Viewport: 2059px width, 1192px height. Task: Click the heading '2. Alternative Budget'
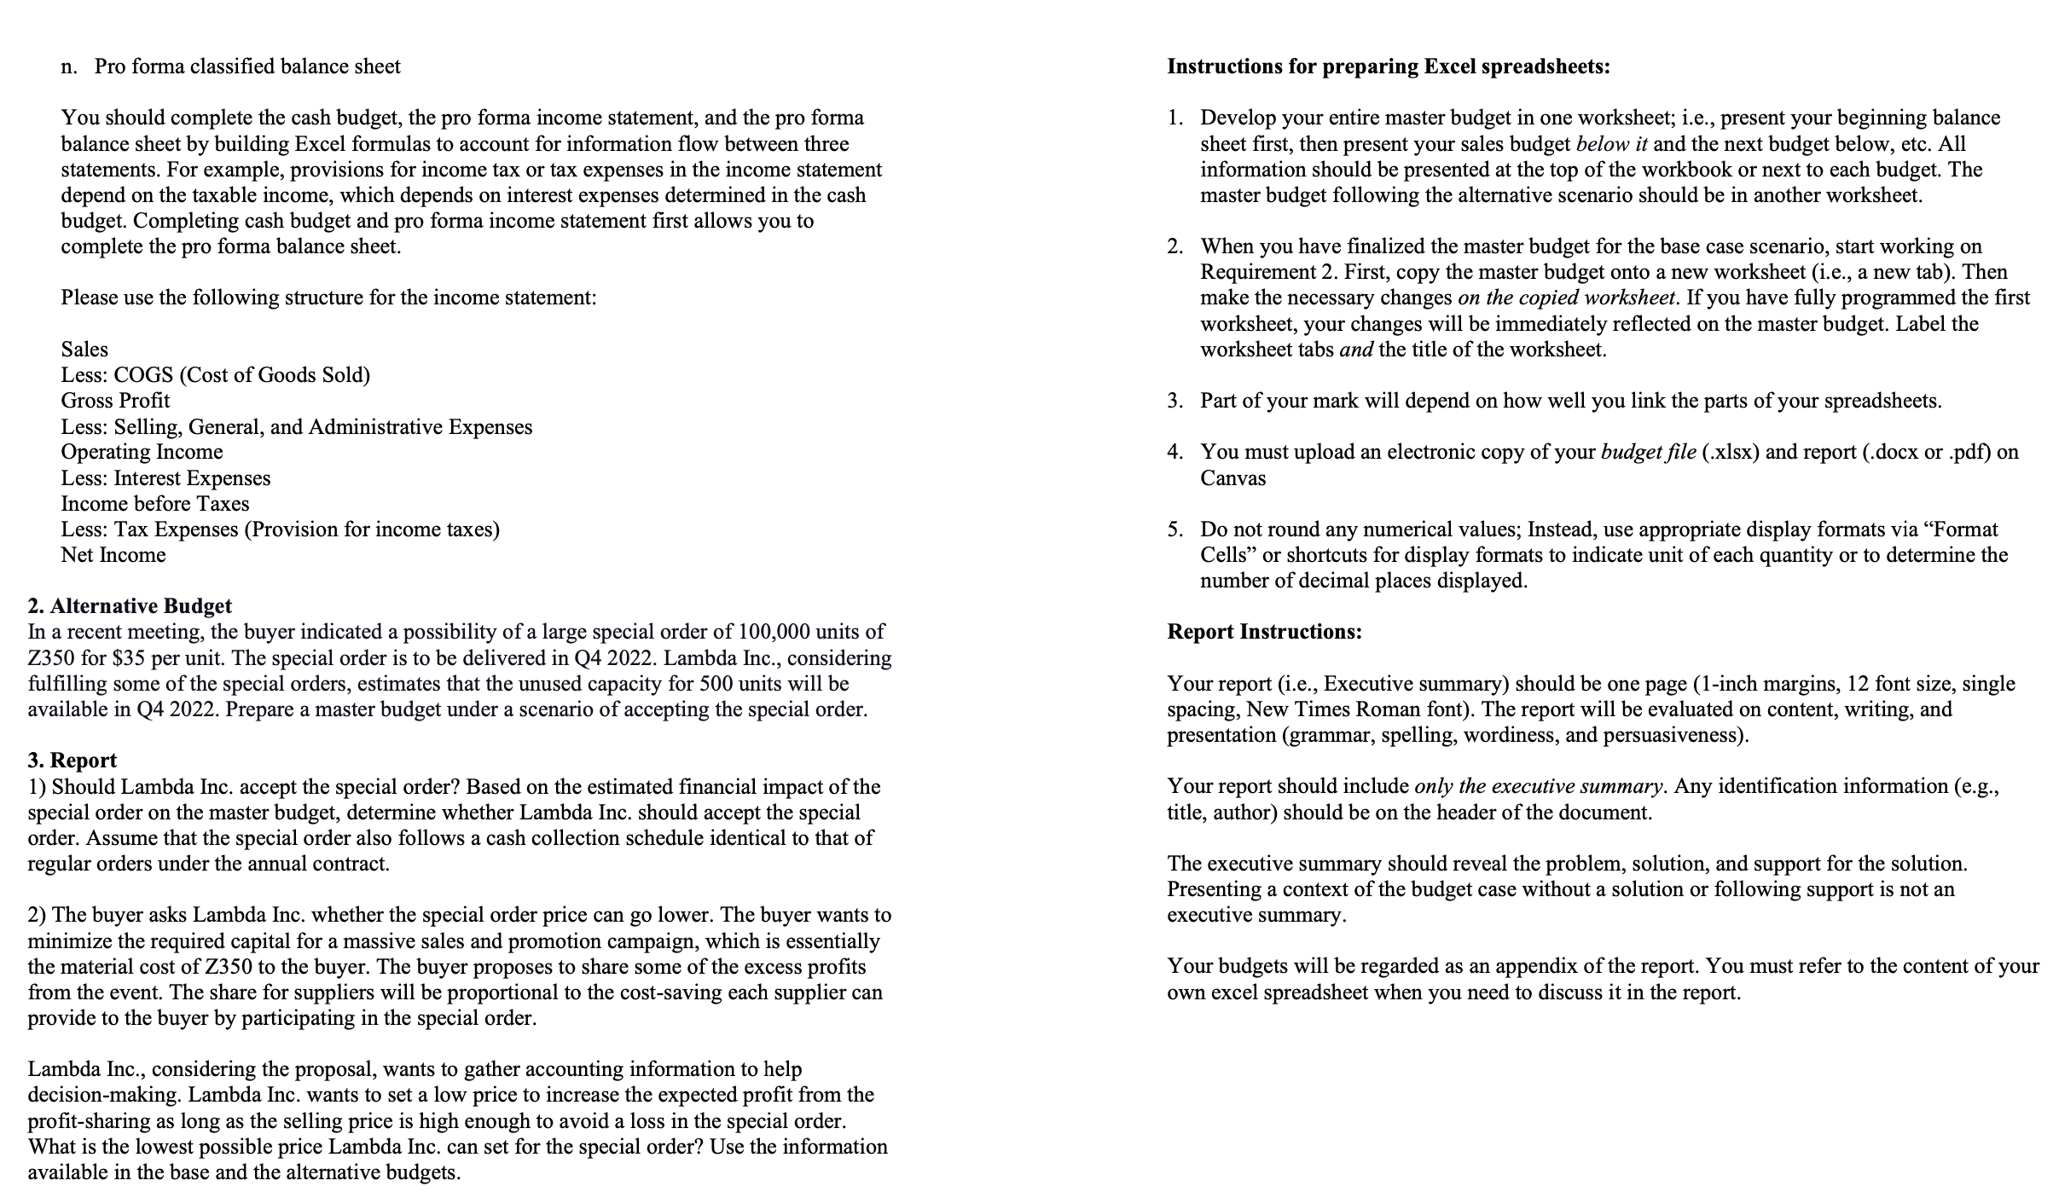(x=130, y=606)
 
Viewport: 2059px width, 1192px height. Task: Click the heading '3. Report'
(x=72, y=761)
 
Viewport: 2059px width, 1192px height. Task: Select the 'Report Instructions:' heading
(x=1264, y=632)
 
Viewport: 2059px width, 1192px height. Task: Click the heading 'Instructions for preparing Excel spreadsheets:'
(x=1389, y=67)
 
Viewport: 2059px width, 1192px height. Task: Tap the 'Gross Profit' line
(x=115, y=401)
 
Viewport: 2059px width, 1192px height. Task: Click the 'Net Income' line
(x=113, y=555)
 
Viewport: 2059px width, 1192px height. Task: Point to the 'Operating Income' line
(x=142, y=452)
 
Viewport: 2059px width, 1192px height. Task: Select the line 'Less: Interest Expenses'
(x=165, y=478)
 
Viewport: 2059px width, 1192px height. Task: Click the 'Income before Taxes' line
(x=155, y=504)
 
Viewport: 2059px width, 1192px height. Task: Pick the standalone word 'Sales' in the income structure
(x=84, y=350)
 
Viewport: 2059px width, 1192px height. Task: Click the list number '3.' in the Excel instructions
(x=1175, y=401)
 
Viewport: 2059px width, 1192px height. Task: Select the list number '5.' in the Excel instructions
(x=1175, y=529)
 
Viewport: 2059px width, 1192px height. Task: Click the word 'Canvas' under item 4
(x=1232, y=478)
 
